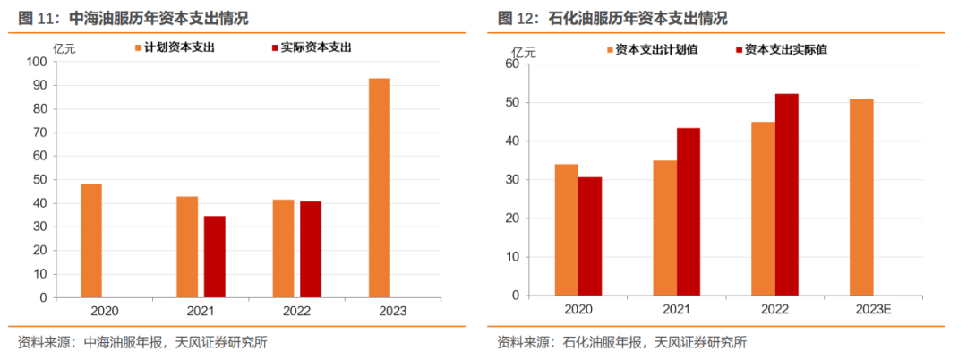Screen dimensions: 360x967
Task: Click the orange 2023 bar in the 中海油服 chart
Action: click(x=380, y=187)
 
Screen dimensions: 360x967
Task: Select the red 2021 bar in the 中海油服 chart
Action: click(x=215, y=256)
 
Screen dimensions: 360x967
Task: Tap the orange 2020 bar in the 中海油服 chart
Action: click(x=91, y=240)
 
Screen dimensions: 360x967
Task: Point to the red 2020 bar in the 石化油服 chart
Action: click(x=590, y=236)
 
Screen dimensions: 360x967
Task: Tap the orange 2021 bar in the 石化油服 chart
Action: click(x=665, y=227)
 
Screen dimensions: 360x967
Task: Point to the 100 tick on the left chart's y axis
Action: click(x=39, y=62)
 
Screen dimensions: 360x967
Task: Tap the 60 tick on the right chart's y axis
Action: click(x=512, y=64)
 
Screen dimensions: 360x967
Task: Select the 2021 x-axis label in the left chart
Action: click(x=201, y=311)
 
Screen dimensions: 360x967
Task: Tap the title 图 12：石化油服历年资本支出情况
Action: click(x=612, y=18)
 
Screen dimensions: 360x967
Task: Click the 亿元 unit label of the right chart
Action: click(x=523, y=51)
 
